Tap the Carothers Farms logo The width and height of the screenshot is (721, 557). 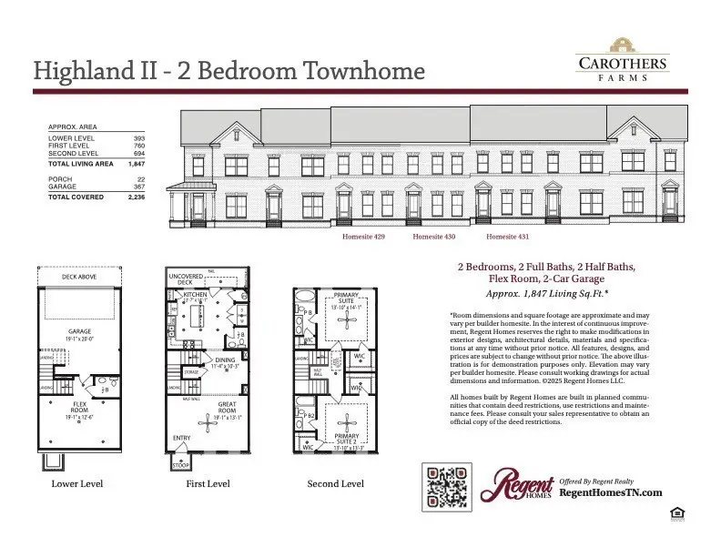pyautogui.click(x=623, y=59)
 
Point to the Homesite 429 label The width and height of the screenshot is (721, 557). pyautogui.click(x=364, y=237)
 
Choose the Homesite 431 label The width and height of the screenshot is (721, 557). pyautogui.click(x=508, y=237)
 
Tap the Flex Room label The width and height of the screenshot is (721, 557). pyautogui.click(x=80, y=405)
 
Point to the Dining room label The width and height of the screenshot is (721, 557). pyautogui.click(x=225, y=360)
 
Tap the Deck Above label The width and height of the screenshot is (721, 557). pyautogui.click(x=80, y=277)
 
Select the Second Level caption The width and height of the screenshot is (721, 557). pyautogui.click(x=335, y=484)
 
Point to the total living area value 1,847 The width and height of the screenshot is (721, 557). pyautogui.click(x=137, y=164)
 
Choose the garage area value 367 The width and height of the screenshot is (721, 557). pyautogui.click(x=139, y=187)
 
